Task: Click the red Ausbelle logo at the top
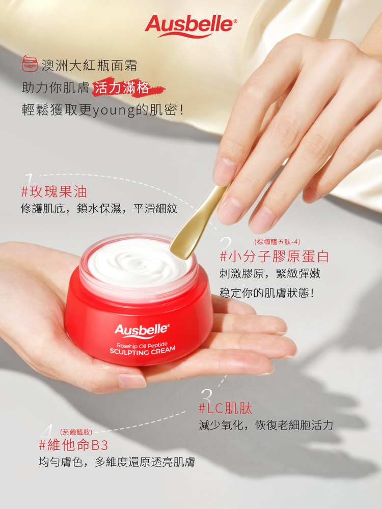tap(191, 26)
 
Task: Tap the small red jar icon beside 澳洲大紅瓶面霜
tap(30, 63)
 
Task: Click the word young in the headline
tap(114, 110)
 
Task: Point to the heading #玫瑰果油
tap(54, 192)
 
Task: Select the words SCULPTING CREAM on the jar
tap(143, 351)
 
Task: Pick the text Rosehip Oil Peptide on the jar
tap(142, 344)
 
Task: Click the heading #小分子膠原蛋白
tap(275, 257)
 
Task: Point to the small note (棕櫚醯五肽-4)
tap(277, 242)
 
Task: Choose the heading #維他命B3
tap(73, 445)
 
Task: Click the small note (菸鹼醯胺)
tap(76, 432)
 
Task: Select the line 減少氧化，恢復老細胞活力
tap(266, 425)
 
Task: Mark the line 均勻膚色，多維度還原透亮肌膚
tap(117, 462)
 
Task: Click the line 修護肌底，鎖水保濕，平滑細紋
tap(99, 209)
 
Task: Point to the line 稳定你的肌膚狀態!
tap(267, 293)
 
